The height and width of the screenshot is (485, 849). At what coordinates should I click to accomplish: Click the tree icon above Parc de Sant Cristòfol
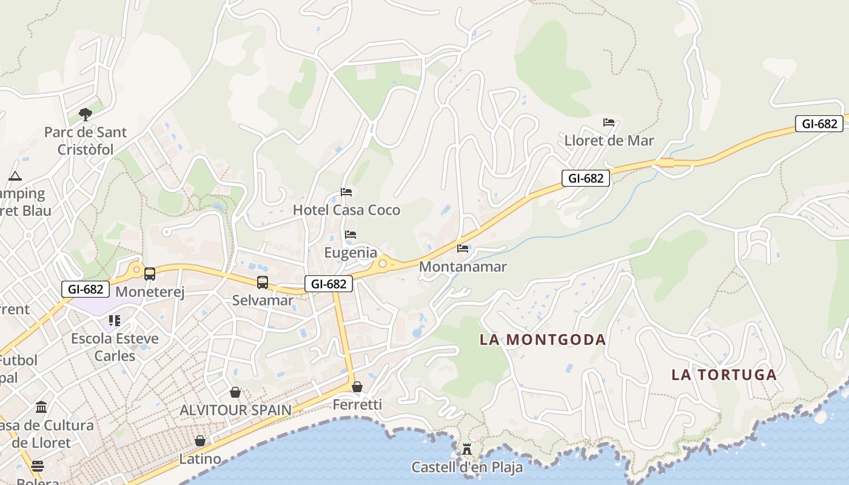(86, 114)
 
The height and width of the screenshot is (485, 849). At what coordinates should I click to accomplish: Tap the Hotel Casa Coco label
(346, 210)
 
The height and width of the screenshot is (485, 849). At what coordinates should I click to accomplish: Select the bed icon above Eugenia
(351, 235)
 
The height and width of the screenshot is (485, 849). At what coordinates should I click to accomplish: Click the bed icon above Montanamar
(463, 248)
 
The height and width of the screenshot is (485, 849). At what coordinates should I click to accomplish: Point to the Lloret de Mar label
(609, 141)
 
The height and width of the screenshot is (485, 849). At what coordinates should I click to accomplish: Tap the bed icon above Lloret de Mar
(609, 122)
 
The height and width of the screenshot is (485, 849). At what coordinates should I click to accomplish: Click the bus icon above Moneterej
(150, 274)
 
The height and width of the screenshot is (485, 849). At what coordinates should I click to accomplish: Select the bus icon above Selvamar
(263, 282)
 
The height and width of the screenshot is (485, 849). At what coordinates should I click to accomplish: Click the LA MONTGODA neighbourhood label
(543, 339)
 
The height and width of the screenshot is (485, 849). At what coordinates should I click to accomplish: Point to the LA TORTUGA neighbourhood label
(724, 375)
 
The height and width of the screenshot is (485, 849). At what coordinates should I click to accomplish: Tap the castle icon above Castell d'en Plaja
(466, 449)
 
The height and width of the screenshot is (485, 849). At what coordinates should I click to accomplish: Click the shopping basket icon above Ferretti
(357, 387)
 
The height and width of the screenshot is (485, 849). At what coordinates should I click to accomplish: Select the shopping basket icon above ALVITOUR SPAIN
(235, 392)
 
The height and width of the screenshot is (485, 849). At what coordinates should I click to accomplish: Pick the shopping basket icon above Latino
(200, 441)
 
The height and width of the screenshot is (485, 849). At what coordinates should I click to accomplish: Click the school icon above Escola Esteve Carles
(114, 320)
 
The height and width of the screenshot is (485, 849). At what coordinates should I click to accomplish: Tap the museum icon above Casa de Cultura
(41, 407)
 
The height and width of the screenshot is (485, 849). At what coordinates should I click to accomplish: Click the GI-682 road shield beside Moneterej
(86, 289)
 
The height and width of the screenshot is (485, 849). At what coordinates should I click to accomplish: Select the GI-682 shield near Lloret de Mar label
(585, 178)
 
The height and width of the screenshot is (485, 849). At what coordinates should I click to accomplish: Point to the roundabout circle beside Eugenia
(383, 263)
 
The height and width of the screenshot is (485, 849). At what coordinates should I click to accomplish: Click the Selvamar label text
(263, 300)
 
